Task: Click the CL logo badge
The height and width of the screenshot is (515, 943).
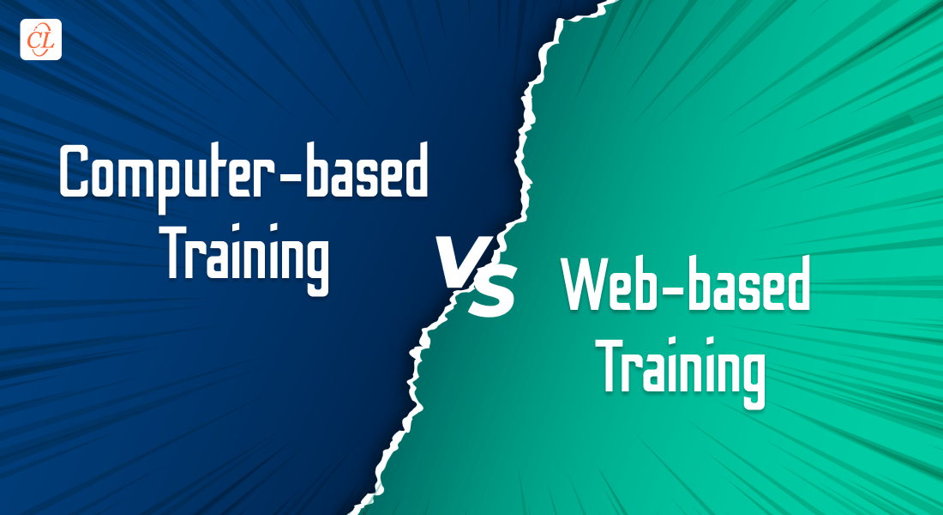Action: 41,39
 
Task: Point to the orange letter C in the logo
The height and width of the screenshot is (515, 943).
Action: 33,39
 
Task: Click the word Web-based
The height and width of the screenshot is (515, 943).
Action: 686,284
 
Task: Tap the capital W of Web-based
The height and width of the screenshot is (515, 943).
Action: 587,284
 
